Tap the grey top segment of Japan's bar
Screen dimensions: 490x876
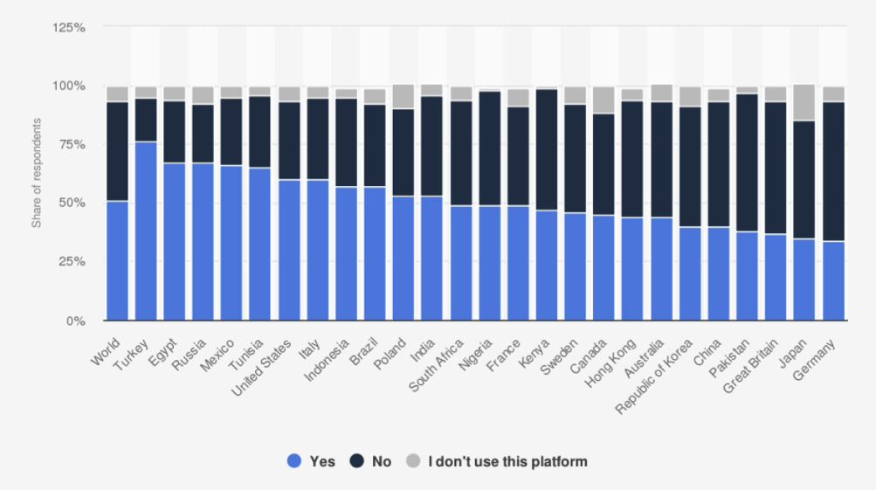coord(804,102)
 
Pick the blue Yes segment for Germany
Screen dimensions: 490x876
coord(833,280)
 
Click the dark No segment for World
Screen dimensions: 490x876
coord(117,151)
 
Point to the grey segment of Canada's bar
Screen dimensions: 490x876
coord(604,100)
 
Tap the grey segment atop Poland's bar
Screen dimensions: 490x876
coord(404,96)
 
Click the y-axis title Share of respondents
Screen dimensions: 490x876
coord(37,174)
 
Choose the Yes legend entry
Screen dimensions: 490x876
coord(312,461)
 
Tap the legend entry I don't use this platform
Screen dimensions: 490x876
coord(499,461)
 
